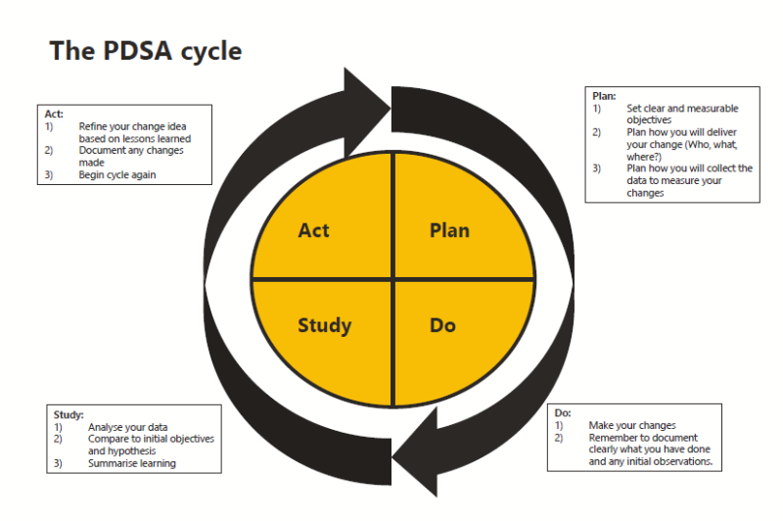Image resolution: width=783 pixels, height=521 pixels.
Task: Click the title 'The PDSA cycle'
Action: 146,51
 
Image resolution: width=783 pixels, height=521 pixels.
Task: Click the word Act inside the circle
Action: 314,231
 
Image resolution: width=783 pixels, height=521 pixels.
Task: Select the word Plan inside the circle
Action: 449,231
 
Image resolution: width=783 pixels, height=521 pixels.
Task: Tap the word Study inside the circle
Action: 324,325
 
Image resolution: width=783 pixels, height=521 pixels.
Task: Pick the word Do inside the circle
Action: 442,325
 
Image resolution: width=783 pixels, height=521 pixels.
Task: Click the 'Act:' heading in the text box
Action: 54,115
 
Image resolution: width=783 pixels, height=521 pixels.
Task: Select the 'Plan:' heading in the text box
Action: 604,96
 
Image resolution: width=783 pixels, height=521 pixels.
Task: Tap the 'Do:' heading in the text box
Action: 562,413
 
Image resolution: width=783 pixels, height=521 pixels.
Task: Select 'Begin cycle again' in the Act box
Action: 117,174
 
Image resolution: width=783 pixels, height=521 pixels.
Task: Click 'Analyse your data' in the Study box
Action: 127,427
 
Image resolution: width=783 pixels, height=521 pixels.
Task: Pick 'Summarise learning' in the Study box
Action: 132,463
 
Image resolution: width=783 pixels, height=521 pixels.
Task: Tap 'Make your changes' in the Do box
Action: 631,425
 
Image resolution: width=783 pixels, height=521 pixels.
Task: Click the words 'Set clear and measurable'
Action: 682,108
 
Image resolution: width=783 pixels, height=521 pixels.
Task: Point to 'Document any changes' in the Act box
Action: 131,151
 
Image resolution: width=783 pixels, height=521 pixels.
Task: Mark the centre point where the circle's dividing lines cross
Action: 392,279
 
